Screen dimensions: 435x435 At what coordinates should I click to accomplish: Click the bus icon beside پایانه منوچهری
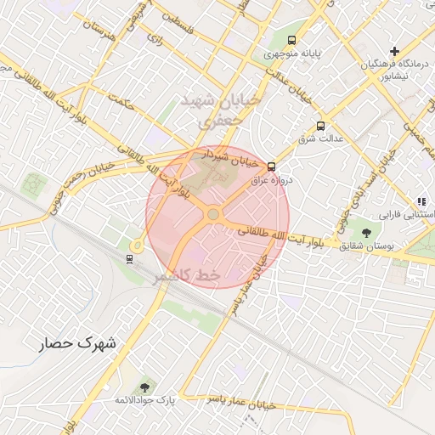292,40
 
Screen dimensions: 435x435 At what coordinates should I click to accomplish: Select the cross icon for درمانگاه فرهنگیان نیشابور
394,52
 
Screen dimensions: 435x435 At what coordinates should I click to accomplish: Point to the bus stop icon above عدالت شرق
319,125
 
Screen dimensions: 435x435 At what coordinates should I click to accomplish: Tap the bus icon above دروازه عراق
272,167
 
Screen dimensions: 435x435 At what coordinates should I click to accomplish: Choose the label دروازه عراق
271,180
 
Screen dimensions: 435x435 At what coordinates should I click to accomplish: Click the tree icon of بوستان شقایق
366,231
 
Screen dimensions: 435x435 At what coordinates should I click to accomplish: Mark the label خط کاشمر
187,276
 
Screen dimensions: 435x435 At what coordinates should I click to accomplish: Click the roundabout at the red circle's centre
212,215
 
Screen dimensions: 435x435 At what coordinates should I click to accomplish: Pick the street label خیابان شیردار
230,158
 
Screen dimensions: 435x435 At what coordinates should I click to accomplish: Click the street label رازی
154,38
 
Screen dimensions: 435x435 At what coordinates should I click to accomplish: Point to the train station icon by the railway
129,258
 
